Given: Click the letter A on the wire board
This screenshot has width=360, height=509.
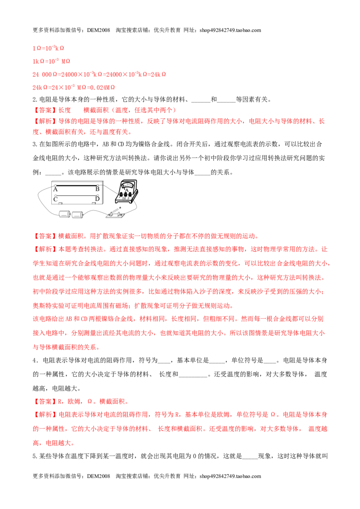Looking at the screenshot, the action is tap(55, 189).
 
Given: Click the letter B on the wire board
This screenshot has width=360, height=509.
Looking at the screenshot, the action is tap(97, 189).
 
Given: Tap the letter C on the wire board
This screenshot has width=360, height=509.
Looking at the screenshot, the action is tap(55, 199).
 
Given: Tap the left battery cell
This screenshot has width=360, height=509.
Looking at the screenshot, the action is tap(65, 214).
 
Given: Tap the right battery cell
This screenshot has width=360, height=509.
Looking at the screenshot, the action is tap(77, 214).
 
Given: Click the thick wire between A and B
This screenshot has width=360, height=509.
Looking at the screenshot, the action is tap(76, 186).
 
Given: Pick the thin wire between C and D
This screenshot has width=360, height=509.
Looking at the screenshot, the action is tap(76, 196).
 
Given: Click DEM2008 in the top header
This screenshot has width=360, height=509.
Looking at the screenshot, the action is tap(99, 30).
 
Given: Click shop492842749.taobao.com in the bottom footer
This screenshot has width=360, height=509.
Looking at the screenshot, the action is tap(230, 476).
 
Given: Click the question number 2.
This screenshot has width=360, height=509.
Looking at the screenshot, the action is tap(35, 100).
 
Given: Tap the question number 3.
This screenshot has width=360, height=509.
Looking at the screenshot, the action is tap(35, 144).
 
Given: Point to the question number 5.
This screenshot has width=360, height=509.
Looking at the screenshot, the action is tap(35, 456).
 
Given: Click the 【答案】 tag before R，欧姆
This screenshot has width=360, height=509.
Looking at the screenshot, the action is tap(45, 402).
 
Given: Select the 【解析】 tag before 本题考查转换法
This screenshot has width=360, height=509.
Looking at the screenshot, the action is tap(45, 249).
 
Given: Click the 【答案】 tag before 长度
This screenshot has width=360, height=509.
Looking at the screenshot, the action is tap(45, 110).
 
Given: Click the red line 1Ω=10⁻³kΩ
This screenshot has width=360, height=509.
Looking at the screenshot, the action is tap(48, 48).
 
